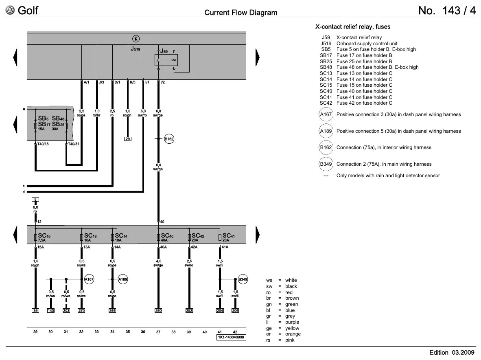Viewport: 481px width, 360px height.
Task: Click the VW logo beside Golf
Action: coord(10,11)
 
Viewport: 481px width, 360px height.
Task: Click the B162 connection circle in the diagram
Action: coord(169,139)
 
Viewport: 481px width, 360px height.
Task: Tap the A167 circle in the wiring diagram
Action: coord(89,279)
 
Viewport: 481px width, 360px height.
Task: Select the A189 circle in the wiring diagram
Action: coord(123,279)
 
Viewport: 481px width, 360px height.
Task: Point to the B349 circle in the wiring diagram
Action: coord(243,279)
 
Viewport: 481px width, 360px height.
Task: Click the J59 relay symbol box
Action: coord(166,60)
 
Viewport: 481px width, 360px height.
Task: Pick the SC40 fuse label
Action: coord(167,236)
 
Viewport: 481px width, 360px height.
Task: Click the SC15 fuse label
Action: coord(44,236)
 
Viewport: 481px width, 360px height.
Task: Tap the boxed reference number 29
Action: coord(128,139)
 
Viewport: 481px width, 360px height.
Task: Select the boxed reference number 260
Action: coord(158,311)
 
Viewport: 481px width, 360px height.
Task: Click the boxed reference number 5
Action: coord(35,200)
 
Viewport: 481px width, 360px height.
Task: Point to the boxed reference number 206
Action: coord(235,311)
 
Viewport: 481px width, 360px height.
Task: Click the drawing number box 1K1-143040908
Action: coord(231,337)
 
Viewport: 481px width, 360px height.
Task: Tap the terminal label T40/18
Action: coord(43,144)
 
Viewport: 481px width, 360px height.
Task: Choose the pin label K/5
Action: coord(133,82)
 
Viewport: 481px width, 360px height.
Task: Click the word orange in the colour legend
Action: coord(293,334)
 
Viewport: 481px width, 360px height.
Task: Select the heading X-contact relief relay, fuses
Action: coord(353,27)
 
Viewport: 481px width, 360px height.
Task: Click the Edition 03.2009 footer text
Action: coord(452,353)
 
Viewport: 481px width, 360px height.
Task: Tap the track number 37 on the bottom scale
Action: coord(158,332)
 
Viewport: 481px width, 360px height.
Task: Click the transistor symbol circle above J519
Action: coord(136,39)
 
